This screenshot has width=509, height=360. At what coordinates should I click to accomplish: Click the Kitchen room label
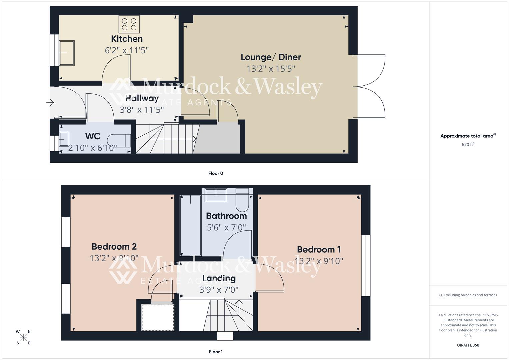127,39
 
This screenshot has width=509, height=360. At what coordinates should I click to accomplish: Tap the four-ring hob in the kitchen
129,24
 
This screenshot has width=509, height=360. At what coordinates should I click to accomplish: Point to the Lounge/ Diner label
271,57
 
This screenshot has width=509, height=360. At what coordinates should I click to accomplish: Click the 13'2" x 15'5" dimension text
271,69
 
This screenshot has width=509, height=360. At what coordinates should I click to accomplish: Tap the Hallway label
142,98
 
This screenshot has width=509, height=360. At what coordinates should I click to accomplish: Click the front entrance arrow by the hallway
50,103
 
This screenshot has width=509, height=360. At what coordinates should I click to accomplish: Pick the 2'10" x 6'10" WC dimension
93,148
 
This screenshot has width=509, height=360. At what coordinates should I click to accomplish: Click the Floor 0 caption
216,173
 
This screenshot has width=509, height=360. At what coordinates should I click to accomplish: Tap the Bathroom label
226,216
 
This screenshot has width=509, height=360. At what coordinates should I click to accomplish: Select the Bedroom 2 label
114,247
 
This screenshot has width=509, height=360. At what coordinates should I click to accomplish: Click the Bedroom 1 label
319,249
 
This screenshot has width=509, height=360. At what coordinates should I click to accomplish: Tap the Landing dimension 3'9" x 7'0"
219,290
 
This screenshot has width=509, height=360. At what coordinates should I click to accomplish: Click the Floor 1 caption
216,352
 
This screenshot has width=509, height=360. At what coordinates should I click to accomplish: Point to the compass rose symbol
23,337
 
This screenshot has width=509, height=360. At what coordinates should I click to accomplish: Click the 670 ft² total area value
468,145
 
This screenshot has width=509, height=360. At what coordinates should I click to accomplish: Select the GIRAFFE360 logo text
468,345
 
